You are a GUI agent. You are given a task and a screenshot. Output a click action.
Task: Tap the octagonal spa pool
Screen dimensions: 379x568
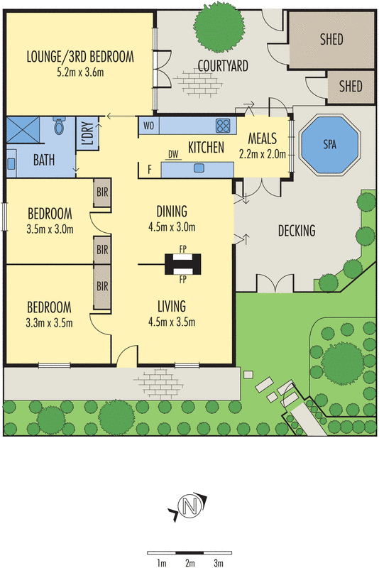pos(330,144)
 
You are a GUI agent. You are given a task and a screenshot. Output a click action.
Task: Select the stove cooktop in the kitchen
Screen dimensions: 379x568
pos(223,126)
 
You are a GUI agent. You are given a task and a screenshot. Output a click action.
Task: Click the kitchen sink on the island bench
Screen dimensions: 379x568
pos(199,168)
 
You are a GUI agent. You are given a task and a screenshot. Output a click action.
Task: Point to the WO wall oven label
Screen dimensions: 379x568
pos(148,126)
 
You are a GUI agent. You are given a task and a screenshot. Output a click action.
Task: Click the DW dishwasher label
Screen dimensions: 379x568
pos(173,155)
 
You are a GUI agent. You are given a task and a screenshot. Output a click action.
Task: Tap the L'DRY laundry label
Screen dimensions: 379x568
pos(89,133)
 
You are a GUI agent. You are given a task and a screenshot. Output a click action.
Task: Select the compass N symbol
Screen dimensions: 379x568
pos(188,506)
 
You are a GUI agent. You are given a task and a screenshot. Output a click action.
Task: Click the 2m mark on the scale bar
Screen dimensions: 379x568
pos(189,563)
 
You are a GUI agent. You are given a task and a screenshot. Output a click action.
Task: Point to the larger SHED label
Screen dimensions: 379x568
pos(331,39)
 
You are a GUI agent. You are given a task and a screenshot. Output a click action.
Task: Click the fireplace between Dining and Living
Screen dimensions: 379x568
pos(183,264)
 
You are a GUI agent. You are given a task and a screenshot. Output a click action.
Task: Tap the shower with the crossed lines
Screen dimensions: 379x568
pos(23,130)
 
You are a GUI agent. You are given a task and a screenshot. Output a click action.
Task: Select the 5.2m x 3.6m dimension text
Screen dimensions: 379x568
pos(80,72)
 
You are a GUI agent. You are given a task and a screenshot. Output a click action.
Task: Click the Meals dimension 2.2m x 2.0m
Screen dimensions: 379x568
pos(263,154)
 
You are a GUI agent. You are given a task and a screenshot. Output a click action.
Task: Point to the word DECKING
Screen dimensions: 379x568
pos(297,231)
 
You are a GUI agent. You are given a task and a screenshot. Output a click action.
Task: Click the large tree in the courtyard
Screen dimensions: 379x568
pos(219,28)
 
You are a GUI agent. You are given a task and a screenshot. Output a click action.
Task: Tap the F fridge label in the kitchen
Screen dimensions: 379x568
pos(150,169)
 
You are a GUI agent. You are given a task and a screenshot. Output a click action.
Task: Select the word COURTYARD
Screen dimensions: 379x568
pos(223,66)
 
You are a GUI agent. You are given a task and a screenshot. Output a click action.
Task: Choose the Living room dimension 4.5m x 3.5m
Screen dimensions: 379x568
pos(172,322)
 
